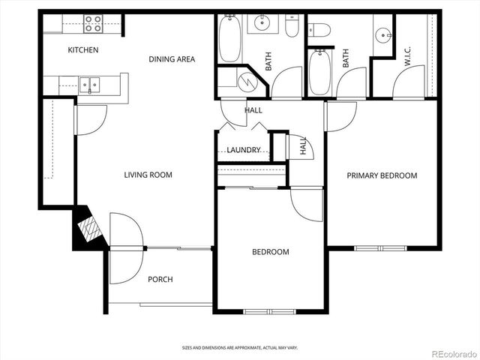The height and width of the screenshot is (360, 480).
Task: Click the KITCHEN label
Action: pos(83,50)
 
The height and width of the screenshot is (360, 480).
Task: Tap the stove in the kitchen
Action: pos(93,24)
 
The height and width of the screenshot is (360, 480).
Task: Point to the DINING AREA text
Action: pos(172,59)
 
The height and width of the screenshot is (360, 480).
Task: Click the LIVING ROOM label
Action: pos(148,175)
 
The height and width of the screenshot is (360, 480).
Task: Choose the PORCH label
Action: pos(160,279)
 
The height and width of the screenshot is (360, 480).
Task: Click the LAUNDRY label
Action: pos(244,150)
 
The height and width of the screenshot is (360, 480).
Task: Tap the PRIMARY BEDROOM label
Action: pos(381,175)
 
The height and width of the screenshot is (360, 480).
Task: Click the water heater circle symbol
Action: pos(246,80)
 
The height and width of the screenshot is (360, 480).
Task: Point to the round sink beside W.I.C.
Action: pos(383,34)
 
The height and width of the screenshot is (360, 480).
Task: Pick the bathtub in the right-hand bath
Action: pos(319,72)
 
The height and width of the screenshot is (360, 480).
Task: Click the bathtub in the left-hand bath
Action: pos(229,38)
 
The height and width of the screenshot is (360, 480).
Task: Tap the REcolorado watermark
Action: pos(451,352)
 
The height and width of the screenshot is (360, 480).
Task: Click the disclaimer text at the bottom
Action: pos(239,347)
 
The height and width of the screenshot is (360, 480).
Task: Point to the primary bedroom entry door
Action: pos(340,117)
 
